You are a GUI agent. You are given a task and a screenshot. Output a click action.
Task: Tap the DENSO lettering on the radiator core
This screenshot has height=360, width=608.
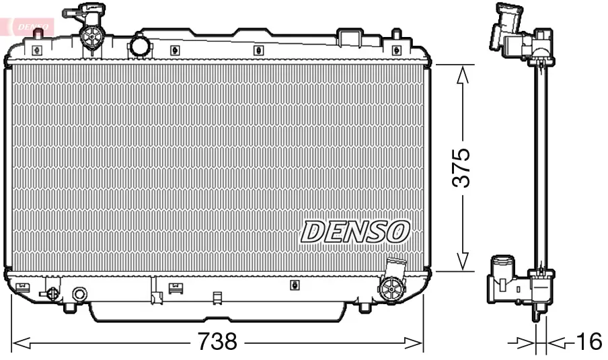[354, 231]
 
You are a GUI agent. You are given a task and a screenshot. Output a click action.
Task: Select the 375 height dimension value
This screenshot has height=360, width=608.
[461, 168]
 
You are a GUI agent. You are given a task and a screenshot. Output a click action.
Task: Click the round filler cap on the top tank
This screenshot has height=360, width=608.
[140, 46]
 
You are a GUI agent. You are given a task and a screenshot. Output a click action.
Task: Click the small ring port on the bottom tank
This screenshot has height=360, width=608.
[79, 294]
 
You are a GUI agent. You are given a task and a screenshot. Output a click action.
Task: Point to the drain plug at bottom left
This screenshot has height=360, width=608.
[51, 293]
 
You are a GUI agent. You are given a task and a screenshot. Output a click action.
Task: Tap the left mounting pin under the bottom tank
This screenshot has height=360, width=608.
[69, 308]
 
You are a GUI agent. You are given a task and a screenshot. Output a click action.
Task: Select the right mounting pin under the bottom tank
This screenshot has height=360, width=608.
[364, 308]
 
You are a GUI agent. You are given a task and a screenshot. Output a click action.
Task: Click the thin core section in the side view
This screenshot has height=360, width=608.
[541, 168]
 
